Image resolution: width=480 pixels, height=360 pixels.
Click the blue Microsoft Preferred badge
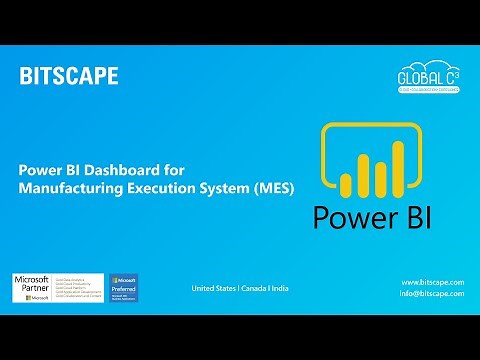[124, 286]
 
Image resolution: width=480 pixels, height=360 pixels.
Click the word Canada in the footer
[254, 289]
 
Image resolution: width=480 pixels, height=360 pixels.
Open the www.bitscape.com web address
[432, 283]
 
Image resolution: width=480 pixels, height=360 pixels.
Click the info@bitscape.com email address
[432, 295]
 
